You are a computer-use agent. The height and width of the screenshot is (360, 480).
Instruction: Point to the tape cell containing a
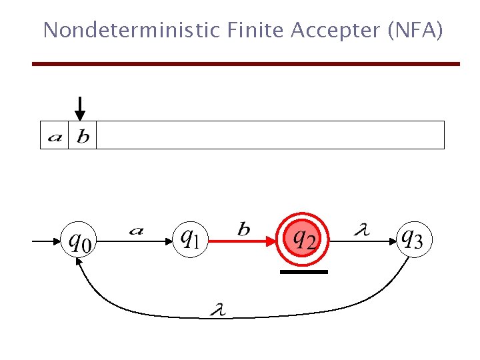point(55,135)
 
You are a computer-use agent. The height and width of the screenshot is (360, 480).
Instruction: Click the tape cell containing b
point(83,135)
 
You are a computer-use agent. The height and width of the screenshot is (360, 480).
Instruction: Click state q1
point(191,237)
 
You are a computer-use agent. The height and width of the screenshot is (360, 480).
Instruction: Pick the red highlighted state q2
point(304,237)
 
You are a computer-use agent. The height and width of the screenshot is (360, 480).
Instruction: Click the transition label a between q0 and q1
point(136,230)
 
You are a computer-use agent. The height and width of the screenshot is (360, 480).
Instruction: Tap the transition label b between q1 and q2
point(244,229)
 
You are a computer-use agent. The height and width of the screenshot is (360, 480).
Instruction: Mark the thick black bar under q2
point(304,272)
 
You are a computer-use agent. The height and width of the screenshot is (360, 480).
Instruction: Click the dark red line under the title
point(246,63)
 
